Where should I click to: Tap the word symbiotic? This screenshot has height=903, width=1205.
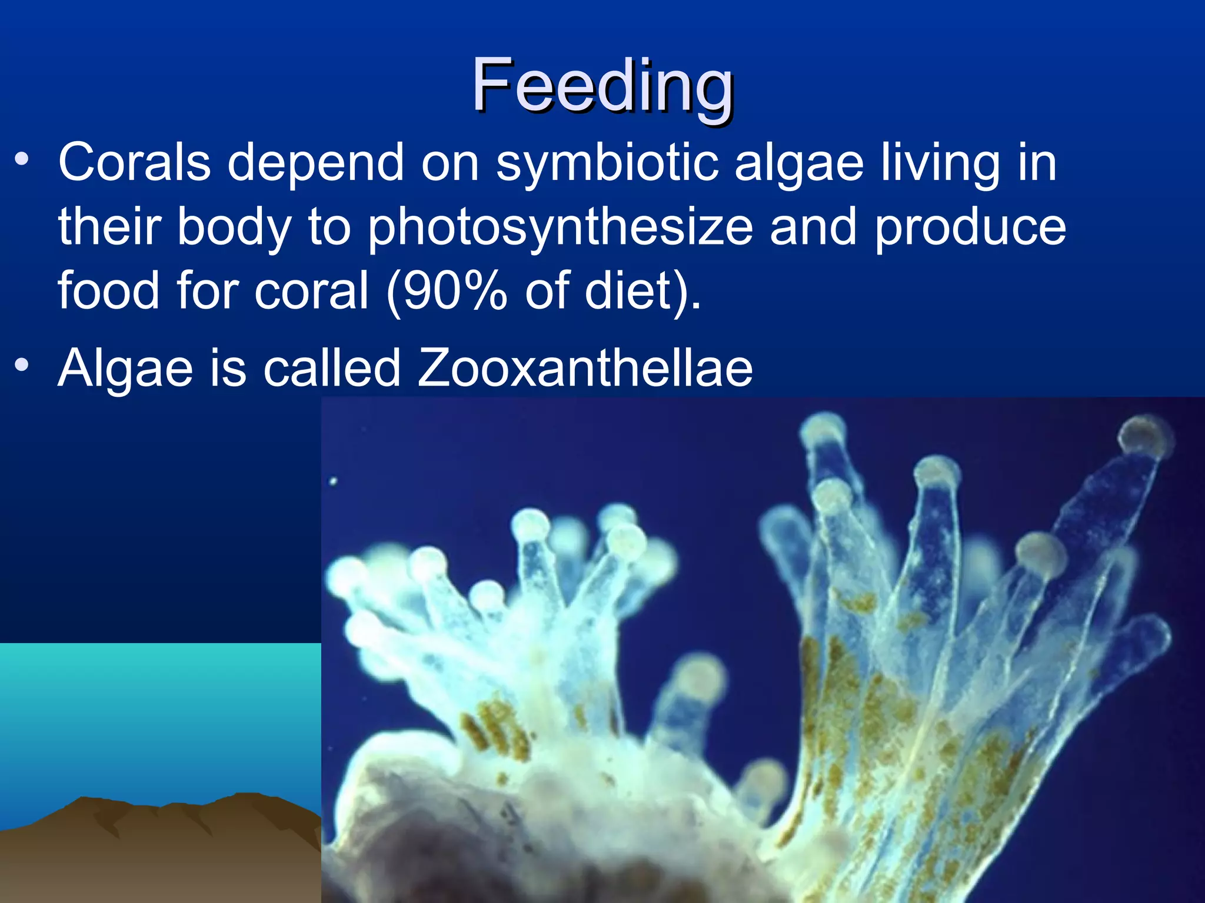coord(607,163)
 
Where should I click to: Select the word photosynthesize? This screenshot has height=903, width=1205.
coord(560,228)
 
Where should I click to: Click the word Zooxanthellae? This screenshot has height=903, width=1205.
coord(585,368)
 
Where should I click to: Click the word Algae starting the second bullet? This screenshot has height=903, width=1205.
coord(125,369)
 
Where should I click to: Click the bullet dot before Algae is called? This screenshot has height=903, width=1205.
coord(22,365)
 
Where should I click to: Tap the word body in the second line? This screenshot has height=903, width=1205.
coord(234,228)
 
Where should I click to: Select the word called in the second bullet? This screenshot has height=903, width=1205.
coord(332,368)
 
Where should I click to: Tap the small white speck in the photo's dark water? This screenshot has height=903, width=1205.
coord(333,481)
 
